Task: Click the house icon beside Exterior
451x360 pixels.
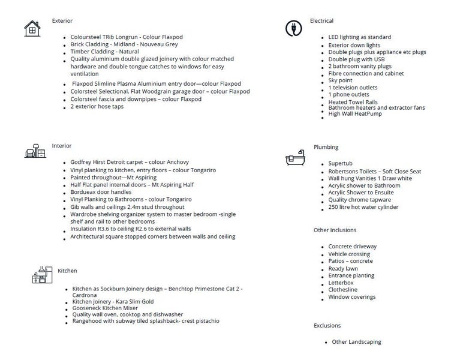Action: [32, 28]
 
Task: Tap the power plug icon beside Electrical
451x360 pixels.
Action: [294, 28]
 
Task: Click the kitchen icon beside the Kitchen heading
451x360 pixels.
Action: [39, 274]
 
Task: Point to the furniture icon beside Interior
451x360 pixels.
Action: [35, 151]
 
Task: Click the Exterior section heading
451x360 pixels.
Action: [62, 21]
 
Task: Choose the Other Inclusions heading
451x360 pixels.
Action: [335, 230]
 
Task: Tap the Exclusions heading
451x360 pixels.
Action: [327, 326]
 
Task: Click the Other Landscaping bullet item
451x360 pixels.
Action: [356, 342]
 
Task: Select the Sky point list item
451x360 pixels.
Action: [340, 80]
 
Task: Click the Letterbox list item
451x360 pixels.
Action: [341, 283]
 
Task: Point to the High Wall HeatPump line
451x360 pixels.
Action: [355, 114]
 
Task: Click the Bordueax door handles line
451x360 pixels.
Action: [101, 192]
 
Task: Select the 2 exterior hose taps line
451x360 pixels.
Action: [97, 106]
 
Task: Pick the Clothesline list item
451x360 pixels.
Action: [344, 290]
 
